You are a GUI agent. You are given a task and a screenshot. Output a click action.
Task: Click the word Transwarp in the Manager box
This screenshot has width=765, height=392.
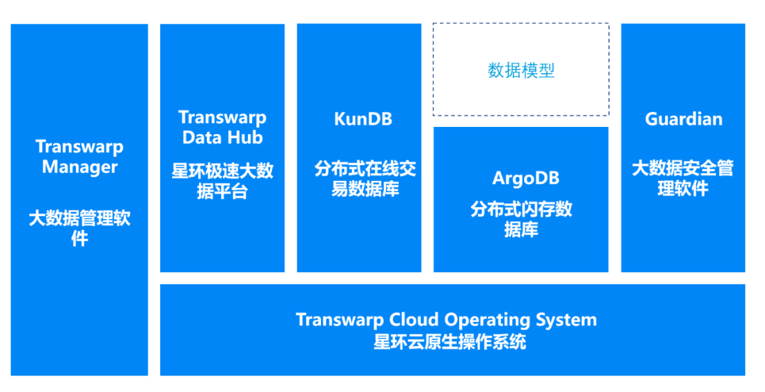pos(79,147)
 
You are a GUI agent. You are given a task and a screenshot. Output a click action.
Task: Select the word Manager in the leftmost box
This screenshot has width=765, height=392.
pos(79,167)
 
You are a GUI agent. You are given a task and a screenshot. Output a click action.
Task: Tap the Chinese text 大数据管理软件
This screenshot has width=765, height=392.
pos(79,228)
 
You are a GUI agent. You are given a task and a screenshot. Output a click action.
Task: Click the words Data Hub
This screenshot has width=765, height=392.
pos(222,138)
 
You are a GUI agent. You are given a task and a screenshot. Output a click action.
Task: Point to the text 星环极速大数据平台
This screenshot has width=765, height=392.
pos(222,181)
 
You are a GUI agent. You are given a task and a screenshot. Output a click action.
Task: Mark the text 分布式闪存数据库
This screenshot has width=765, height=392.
pos(521,219)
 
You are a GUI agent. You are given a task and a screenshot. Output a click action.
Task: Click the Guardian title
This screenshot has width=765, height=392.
pos(684,119)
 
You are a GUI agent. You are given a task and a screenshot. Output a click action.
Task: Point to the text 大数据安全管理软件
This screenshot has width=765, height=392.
pos(683,179)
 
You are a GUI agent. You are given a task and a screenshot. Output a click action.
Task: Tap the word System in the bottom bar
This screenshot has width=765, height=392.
pos(567,320)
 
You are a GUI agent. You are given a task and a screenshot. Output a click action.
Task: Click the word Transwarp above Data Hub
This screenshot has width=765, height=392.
pos(222,118)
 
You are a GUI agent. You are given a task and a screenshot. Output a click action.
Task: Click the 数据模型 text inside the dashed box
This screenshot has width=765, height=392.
pos(521,70)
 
